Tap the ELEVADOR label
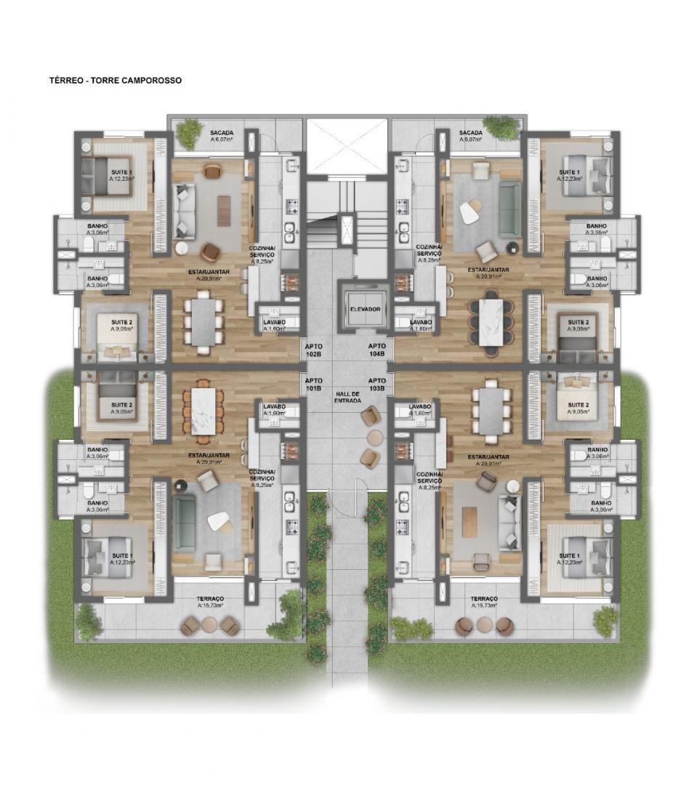(x=365, y=309)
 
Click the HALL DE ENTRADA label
(x=348, y=397)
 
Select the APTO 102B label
(x=313, y=350)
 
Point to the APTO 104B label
(x=376, y=350)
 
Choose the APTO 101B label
(x=313, y=385)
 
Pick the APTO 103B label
(x=376, y=385)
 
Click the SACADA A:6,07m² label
(x=221, y=136)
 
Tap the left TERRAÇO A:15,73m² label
(x=210, y=602)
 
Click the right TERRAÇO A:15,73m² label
(x=483, y=602)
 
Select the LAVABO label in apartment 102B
(x=273, y=324)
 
